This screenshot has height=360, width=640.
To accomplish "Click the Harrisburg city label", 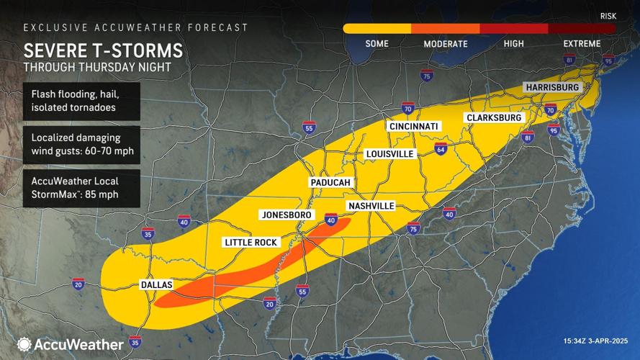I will coord(552,87).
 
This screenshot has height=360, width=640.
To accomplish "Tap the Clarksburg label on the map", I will coord(494,117).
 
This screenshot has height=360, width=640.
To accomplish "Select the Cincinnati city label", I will coord(413,126).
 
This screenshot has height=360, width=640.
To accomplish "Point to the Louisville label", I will coord(389,154).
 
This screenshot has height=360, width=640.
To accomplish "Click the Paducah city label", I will coord(330,183).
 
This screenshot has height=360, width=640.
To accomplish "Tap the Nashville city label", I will coord(371,206).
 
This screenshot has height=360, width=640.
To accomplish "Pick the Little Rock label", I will coord(251,243).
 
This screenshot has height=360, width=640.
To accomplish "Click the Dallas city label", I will coord(156,285).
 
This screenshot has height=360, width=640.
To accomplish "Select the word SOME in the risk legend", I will coord(377,44).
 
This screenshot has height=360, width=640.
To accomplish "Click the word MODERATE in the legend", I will coord(445,44).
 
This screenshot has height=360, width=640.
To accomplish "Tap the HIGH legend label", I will coord(513,44).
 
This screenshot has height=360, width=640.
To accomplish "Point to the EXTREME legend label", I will coord(582,44).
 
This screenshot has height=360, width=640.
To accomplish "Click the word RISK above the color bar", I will coord(608,15).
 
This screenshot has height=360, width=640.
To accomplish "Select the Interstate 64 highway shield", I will coord(441,150).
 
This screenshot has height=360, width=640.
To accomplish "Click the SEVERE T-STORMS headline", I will coord(103,51).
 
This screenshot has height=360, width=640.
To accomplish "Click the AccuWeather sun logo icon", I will coord(24,344).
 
